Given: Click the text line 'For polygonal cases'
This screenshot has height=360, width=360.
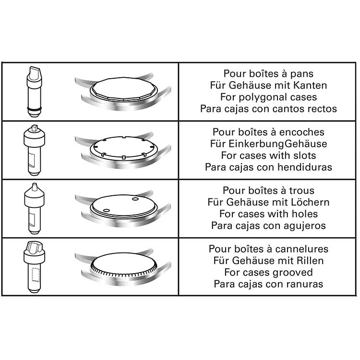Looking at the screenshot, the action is coord(268,97).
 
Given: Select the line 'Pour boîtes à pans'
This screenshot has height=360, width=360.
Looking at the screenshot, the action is coord(268,74).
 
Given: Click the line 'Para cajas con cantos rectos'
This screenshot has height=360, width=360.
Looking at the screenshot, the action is coord(268,108).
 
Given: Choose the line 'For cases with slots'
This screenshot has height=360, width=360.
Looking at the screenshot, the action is coord(268,156).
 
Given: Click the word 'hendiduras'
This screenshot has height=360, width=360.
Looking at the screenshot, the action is coord(305,167).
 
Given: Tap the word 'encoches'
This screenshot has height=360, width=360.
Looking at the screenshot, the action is coord(302,132).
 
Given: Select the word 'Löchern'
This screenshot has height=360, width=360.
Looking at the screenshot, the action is coord(310,202).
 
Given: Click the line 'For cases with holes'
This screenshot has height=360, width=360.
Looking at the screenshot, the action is coord(268,214).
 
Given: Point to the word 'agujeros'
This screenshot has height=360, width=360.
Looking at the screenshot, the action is coord(305,226).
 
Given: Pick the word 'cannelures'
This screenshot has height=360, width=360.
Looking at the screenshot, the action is coord(302,249).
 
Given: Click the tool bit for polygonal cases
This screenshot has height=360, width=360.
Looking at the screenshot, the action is coord(35,92).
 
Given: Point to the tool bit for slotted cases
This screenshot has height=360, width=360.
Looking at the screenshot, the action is coord(34,150).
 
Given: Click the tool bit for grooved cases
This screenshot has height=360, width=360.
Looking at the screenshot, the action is coord(34,267).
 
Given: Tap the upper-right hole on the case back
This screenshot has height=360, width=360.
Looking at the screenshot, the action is coord(135,199).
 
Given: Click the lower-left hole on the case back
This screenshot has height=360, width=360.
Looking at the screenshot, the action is coord(106,211).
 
